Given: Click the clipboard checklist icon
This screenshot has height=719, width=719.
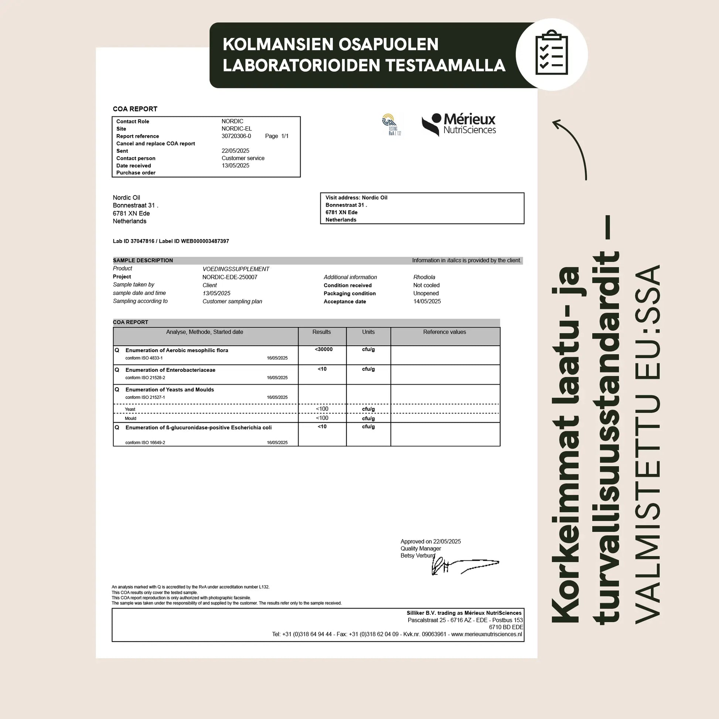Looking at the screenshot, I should [552, 54].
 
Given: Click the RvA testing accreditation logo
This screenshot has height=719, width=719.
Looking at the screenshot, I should [391, 125].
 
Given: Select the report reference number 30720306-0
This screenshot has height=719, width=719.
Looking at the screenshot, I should [236, 136].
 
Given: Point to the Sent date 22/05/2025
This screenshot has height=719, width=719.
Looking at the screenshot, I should [236, 151].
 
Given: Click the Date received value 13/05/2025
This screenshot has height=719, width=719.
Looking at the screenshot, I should [236, 166].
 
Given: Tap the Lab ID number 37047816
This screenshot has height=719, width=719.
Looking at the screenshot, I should [142, 241].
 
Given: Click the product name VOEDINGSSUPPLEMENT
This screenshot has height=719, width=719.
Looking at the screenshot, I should [236, 269].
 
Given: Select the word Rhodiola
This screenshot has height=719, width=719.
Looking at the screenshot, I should [424, 277].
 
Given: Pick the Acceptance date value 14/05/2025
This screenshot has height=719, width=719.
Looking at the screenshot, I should [427, 301].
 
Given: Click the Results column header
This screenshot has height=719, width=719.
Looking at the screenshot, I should [321, 332].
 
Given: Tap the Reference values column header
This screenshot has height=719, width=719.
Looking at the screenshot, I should [444, 332].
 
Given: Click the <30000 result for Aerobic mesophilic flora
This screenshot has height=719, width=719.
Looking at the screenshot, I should [323, 350].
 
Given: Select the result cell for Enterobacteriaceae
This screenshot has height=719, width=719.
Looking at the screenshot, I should [322, 369].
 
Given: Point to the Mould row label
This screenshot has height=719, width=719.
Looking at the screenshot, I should [131, 418].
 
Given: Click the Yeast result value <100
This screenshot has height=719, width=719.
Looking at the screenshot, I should [322, 409].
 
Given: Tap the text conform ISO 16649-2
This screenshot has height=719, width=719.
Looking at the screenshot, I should [145, 443].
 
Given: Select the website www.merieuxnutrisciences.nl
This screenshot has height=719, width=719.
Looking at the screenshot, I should [486, 634].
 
